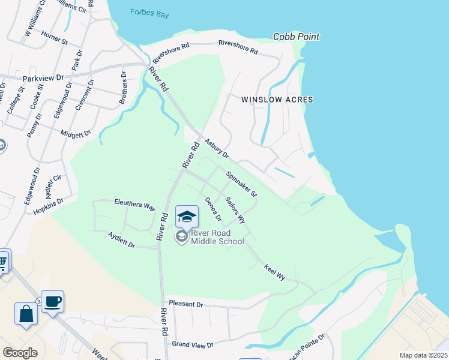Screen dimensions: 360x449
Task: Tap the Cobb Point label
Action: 296,37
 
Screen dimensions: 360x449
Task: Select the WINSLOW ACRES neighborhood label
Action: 277,100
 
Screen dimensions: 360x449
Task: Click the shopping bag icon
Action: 26,314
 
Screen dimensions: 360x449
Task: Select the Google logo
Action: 20,352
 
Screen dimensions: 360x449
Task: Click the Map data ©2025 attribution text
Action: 423,355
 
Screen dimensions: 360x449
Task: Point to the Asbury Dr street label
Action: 217,149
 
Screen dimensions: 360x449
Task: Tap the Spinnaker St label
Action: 241,185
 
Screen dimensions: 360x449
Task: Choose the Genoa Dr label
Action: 213,209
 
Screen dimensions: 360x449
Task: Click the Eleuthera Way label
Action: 134,205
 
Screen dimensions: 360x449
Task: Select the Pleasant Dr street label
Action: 185,304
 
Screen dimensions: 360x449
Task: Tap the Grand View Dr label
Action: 193,345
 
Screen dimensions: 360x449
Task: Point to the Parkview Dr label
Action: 43,78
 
